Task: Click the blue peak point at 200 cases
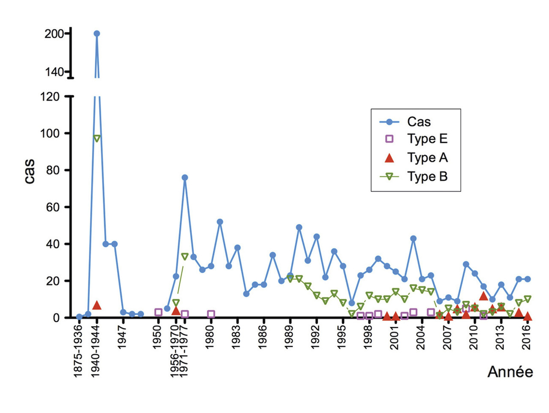tap(97, 33)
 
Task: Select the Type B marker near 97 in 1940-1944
tap(97, 138)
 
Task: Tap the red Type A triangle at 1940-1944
tap(97, 305)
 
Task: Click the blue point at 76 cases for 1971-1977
tap(184, 177)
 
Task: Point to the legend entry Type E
tap(427, 139)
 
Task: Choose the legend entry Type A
tap(427, 158)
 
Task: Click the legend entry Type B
tap(427, 177)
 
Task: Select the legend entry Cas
tap(419, 122)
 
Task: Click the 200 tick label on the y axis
tap(54, 33)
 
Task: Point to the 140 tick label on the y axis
tap(54, 72)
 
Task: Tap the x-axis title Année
tap(510, 372)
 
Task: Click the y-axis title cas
tap(29, 172)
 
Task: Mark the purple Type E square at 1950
tap(158, 312)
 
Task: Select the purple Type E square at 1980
tap(211, 314)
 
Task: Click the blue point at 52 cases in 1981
tap(220, 222)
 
